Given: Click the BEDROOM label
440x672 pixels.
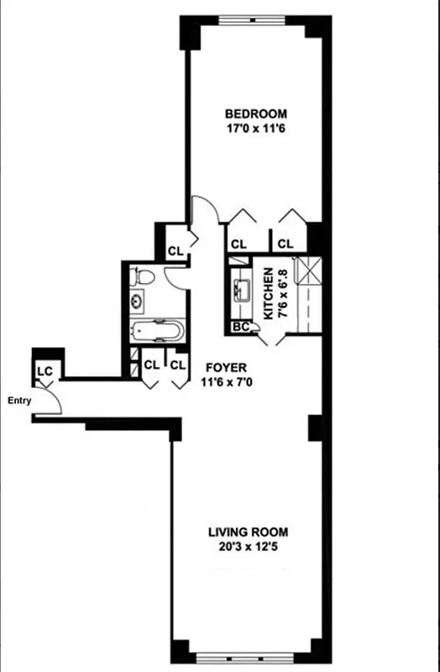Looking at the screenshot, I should click(256, 113).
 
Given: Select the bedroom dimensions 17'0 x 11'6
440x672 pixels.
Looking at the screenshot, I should click(256, 129).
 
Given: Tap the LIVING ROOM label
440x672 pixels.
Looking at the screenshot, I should click(249, 532).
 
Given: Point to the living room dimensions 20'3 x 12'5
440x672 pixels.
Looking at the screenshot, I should click(249, 547).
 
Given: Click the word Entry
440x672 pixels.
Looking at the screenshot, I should click(18, 401).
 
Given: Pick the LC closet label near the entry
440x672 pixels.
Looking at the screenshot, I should click(44, 370).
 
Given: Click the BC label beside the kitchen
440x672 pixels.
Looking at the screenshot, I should click(241, 328).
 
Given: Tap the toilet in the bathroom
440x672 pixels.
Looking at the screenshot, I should click(144, 276).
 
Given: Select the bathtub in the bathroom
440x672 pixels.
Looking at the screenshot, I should click(157, 330).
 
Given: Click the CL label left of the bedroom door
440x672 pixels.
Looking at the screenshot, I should click(175, 250).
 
